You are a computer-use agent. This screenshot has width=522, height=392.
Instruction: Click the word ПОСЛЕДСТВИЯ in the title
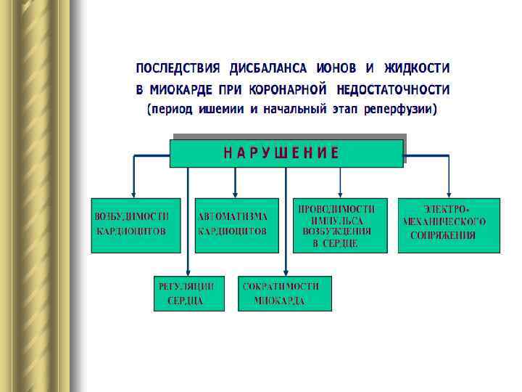click(x=178, y=69)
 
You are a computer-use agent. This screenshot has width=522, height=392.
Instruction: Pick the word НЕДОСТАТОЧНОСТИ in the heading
click(x=393, y=90)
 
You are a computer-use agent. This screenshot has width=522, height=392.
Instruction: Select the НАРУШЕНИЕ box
click(x=286, y=153)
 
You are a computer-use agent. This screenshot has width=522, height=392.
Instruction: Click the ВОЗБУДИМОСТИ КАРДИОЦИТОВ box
click(x=136, y=225)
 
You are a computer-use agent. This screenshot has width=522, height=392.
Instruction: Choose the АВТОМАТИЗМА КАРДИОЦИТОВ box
click(x=236, y=225)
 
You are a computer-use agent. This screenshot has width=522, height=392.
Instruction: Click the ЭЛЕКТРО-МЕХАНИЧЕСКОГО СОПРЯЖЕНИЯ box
click(x=449, y=225)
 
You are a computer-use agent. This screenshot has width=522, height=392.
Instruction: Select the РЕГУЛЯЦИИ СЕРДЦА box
click(x=188, y=293)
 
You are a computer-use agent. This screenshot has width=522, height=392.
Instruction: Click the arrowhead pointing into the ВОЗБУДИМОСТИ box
click(x=133, y=193)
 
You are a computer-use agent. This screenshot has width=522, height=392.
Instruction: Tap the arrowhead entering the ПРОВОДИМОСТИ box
click(x=340, y=193)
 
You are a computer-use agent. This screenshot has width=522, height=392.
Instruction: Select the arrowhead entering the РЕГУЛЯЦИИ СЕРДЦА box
click(x=188, y=271)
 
